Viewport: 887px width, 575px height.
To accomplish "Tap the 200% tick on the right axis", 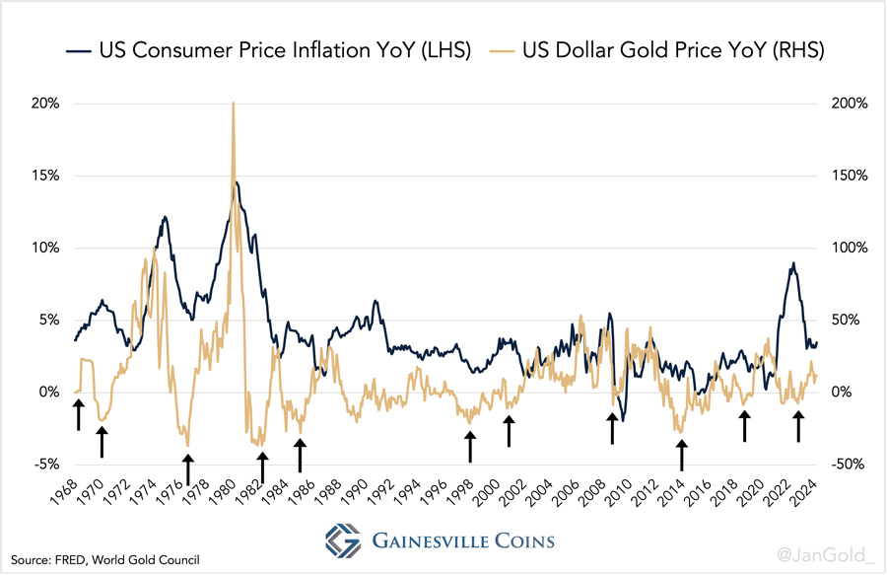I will [x=845, y=104].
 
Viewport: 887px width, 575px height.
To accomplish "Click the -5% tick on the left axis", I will [x=45, y=465].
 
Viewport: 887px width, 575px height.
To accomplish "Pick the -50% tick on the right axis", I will [x=845, y=465].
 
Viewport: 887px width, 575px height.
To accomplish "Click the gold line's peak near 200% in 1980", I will [x=233, y=103].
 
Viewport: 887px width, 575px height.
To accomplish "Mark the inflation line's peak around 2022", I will [x=792, y=263].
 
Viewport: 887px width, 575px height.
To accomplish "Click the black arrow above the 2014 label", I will [x=681, y=455].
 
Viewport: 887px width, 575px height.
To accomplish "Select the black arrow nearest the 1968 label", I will [x=78, y=415].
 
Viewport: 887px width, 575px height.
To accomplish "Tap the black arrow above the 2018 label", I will [x=745, y=426].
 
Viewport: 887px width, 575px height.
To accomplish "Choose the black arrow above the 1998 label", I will [x=471, y=446].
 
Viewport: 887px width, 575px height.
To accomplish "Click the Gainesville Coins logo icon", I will [x=342, y=540].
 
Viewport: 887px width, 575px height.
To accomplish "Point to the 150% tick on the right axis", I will [x=845, y=176].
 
